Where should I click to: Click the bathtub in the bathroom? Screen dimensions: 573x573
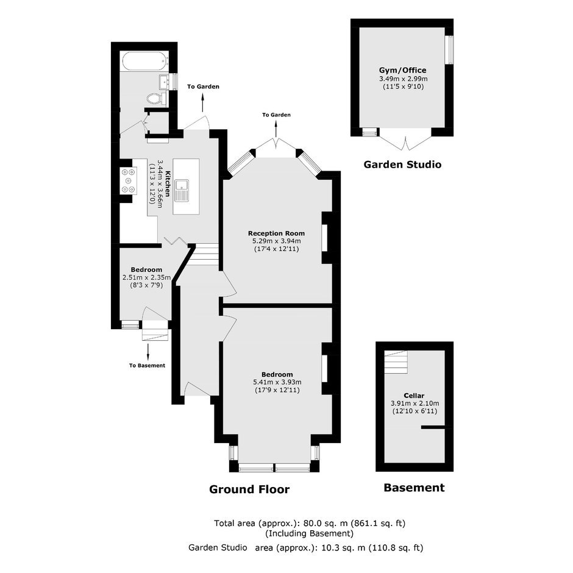click(144, 61)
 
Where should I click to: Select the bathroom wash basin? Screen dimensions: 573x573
click(165, 81)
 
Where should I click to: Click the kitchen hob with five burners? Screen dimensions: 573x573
click(128, 180)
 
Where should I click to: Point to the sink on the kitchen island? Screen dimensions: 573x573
click(182, 190)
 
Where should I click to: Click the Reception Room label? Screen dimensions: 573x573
click(276, 233)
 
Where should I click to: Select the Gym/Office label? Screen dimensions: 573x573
click(403, 70)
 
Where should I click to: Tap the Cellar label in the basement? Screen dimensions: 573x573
click(414, 396)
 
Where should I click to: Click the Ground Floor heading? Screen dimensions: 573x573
click(249, 489)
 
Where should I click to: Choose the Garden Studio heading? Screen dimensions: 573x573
click(402, 165)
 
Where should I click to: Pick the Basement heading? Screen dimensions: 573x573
click(414, 488)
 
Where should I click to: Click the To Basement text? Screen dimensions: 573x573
click(147, 365)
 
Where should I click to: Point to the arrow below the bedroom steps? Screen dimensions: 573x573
click(148, 352)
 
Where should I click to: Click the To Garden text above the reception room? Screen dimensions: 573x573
click(276, 115)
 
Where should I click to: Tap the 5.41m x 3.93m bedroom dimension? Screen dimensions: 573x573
click(277, 382)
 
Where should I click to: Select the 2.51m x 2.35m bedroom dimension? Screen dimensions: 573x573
click(146, 277)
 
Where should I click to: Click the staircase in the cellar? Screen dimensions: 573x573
click(396, 361)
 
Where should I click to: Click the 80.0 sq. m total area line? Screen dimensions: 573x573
click(310, 523)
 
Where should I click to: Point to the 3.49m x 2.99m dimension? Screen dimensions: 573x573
click(403, 79)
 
